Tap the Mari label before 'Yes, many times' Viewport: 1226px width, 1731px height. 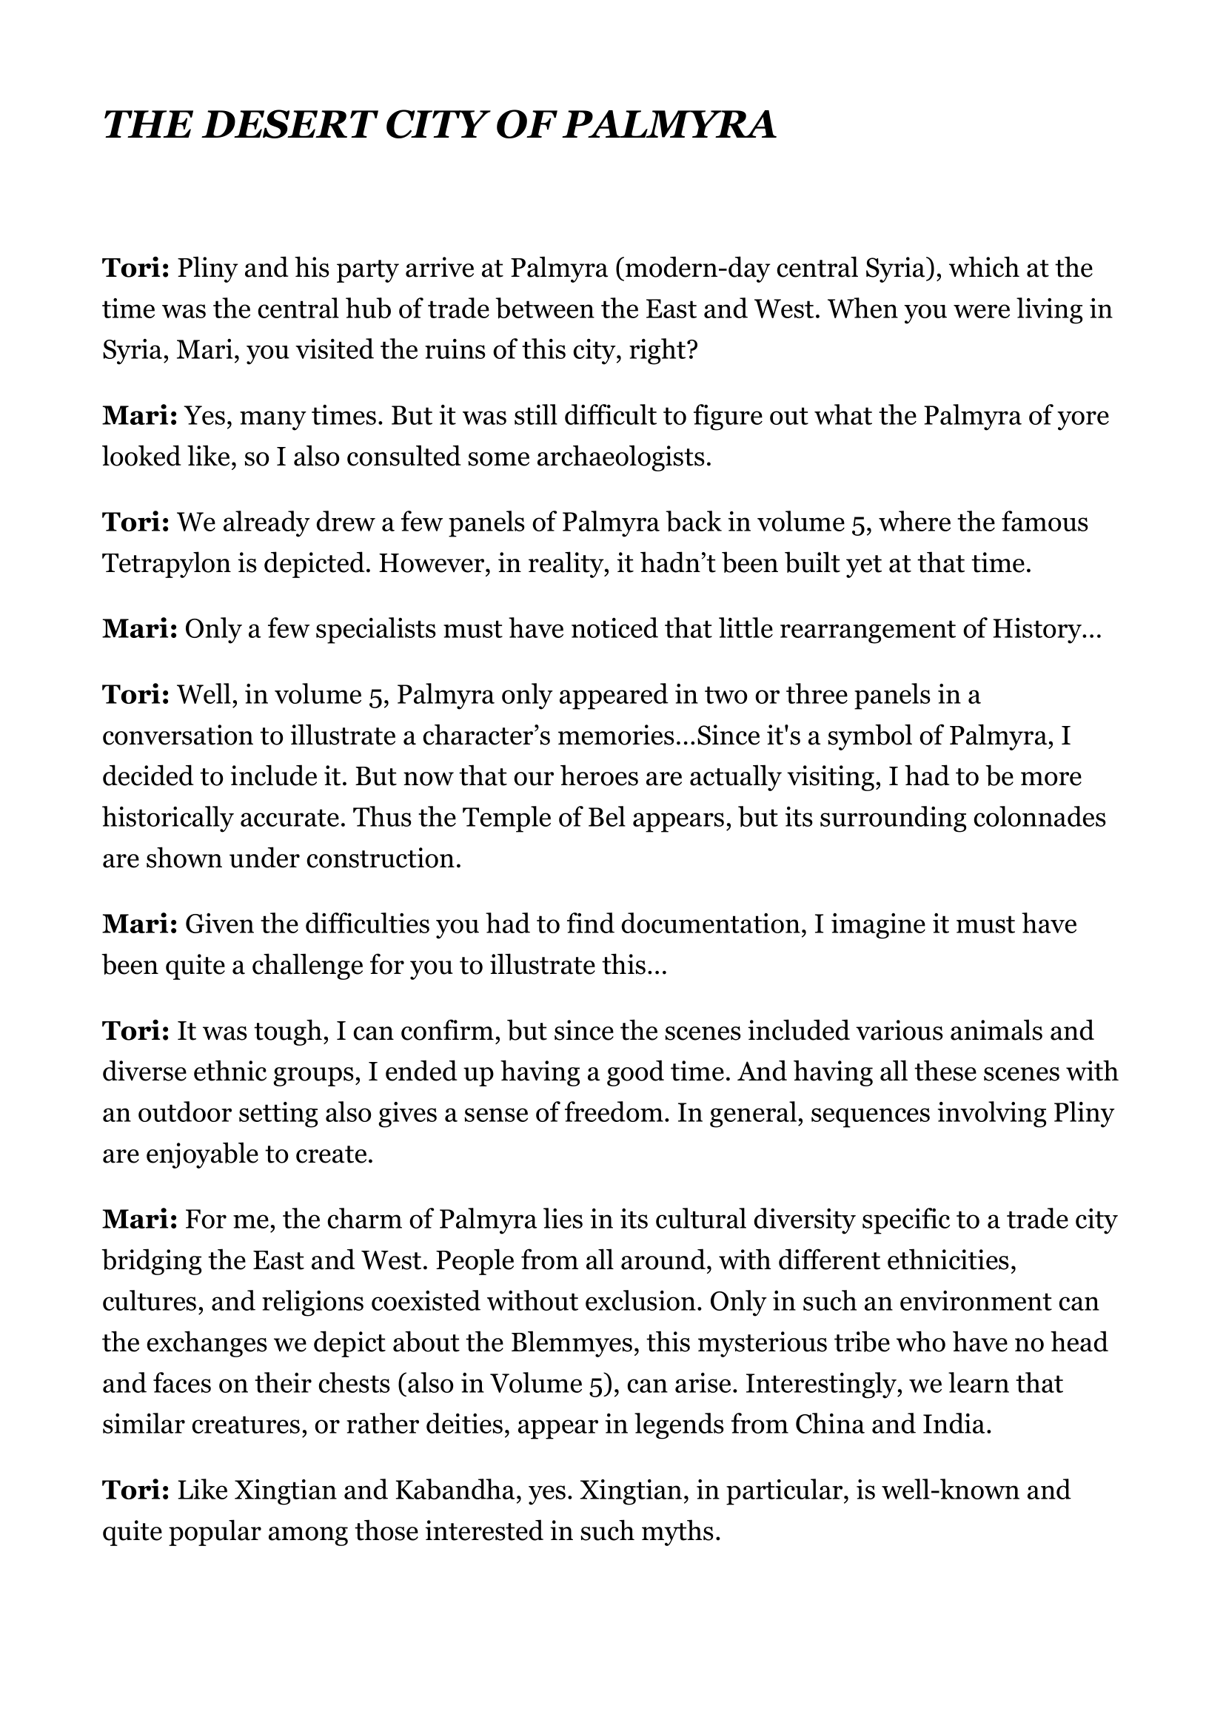tap(140, 416)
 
